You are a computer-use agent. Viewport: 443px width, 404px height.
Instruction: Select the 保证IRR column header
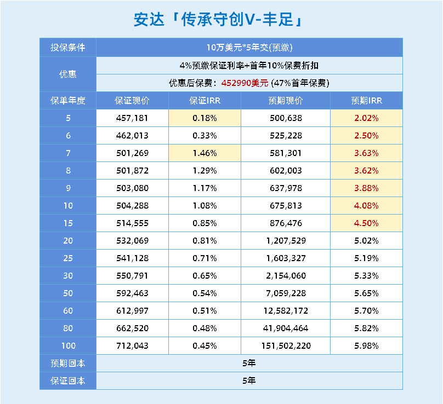pos(205,100)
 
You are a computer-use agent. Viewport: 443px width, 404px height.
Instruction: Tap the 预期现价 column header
pos(286,100)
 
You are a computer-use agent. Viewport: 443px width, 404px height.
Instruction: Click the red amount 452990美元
pos(245,83)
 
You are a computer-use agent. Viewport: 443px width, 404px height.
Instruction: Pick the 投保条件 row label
pos(68,47)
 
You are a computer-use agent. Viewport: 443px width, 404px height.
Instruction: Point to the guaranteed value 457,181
pos(132,118)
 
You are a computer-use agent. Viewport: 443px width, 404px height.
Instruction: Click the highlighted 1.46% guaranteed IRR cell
pos(205,153)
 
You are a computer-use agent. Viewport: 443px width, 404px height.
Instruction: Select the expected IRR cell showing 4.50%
pos(366,223)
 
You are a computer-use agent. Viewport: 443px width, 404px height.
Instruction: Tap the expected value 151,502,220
pos(286,346)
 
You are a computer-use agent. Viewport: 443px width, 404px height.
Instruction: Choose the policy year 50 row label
pos(68,293)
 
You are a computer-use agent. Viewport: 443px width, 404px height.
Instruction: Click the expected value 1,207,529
pos(286,241)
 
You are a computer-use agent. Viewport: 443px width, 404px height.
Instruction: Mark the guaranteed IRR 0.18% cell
pos(205,118)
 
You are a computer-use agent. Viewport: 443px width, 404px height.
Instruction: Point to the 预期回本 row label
pos(68,363)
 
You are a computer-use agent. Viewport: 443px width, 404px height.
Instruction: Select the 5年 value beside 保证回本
pos(249,380)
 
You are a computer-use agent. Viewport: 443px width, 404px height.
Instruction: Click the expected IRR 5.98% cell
pos(366,346)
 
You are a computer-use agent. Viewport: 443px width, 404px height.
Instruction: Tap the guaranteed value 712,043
pos(132,346)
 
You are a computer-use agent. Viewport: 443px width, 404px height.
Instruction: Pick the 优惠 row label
pos(68,74)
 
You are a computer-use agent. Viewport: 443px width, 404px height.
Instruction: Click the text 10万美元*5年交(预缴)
pos(249,47)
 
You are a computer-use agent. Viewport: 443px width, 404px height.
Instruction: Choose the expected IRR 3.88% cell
pos(366,188)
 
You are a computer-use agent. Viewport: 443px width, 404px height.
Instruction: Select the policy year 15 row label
pos(68,223)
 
